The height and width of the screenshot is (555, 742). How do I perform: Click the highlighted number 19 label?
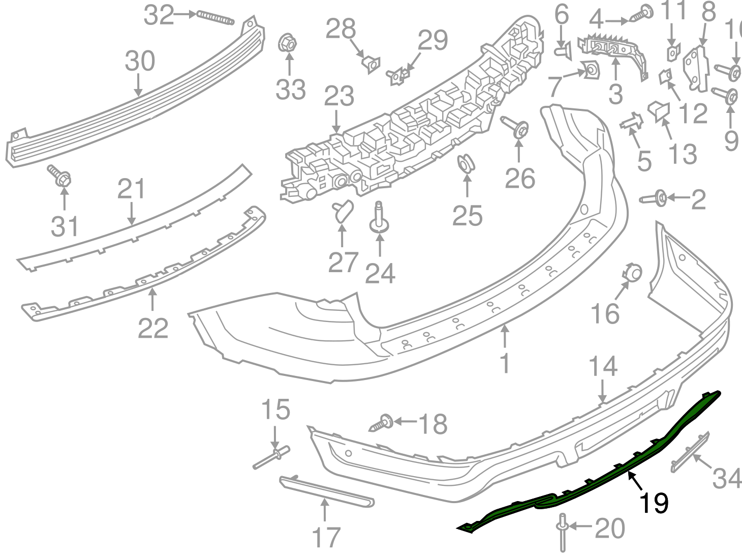(x=654, y=503)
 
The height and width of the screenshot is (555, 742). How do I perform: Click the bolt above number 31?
(x=60, y=176)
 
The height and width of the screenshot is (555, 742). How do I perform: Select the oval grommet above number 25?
(x=465, y=164)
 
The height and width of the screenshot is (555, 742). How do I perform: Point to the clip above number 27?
(x=344, y=211)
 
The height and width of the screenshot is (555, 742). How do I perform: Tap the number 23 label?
(x=339, y=96)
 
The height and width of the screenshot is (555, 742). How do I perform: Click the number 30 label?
(x=140, y=62)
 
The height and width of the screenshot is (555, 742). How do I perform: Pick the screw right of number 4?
(x=642, y=13)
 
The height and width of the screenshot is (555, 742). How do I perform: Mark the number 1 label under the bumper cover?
(x=504, y=363)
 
